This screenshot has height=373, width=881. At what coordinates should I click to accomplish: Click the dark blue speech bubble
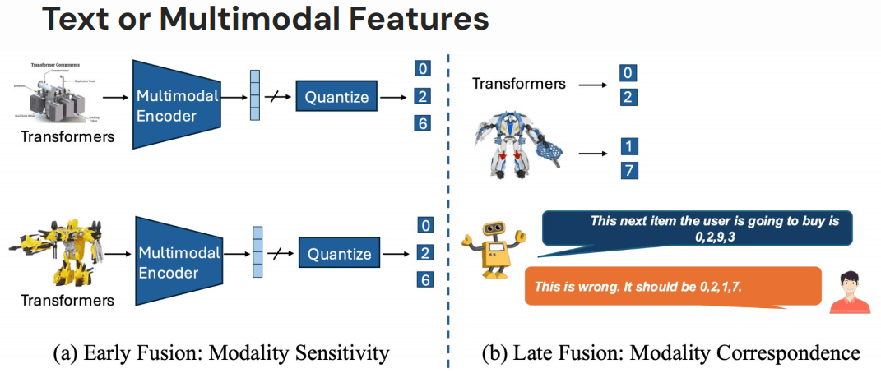coord(698,228)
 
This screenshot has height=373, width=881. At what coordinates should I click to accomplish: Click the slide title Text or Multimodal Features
coord(265,19)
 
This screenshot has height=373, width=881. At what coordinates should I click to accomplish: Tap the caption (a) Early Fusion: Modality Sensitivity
coord(220,353)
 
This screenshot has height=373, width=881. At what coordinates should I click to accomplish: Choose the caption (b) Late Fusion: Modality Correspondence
coord(670,353)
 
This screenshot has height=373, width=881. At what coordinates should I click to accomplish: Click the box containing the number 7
coord(628,171)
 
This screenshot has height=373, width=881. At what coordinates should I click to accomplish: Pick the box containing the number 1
coord(628,147)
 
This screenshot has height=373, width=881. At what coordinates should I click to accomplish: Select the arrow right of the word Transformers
coord(593,83)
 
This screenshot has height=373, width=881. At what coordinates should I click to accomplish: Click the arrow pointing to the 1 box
coord(593,150)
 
